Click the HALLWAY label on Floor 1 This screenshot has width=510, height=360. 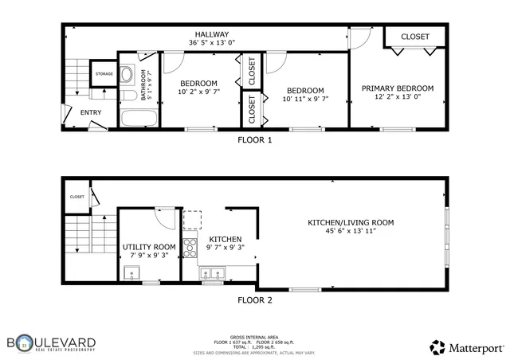coord(209,34)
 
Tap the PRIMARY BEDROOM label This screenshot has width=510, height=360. coord(397,88)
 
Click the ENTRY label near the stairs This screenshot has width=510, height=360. coord(91,112)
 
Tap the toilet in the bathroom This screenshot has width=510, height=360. coord(127,77)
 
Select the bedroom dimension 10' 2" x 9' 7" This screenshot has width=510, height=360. coord(198,92)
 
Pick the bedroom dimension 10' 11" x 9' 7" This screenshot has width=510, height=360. coord(305,100)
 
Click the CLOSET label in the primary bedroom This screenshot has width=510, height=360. coord(414,37)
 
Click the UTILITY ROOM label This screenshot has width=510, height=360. coord(148,247)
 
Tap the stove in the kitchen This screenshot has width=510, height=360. coord(190,248)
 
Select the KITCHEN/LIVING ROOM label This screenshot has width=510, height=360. coord(351,222)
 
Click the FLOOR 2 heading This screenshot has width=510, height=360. coord(255,300)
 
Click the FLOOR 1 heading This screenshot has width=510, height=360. coord(255,139)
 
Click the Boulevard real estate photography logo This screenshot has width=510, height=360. coord(52,342)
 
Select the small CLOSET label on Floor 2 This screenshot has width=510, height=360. coord(77,197)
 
